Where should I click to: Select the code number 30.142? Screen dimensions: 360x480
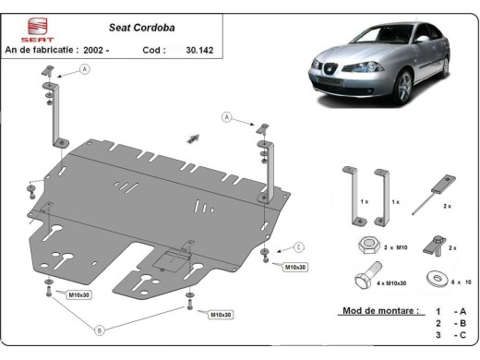pyautogui.click(x=199, y=50)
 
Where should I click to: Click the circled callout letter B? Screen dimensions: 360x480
pyautogui.click(x=101, y=329)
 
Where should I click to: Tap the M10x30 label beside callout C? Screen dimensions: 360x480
pyautogui.click(x=295, y=267)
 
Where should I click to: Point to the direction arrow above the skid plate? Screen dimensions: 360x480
pyautogui.click(x=193, y=138)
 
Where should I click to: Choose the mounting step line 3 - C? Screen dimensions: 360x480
pyautogui.click(x=450, y=338)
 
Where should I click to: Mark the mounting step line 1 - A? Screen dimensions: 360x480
pyautogui.click(x=450, y=312)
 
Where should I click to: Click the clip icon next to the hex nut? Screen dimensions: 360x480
pyautogui.click(x=432, y=246)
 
